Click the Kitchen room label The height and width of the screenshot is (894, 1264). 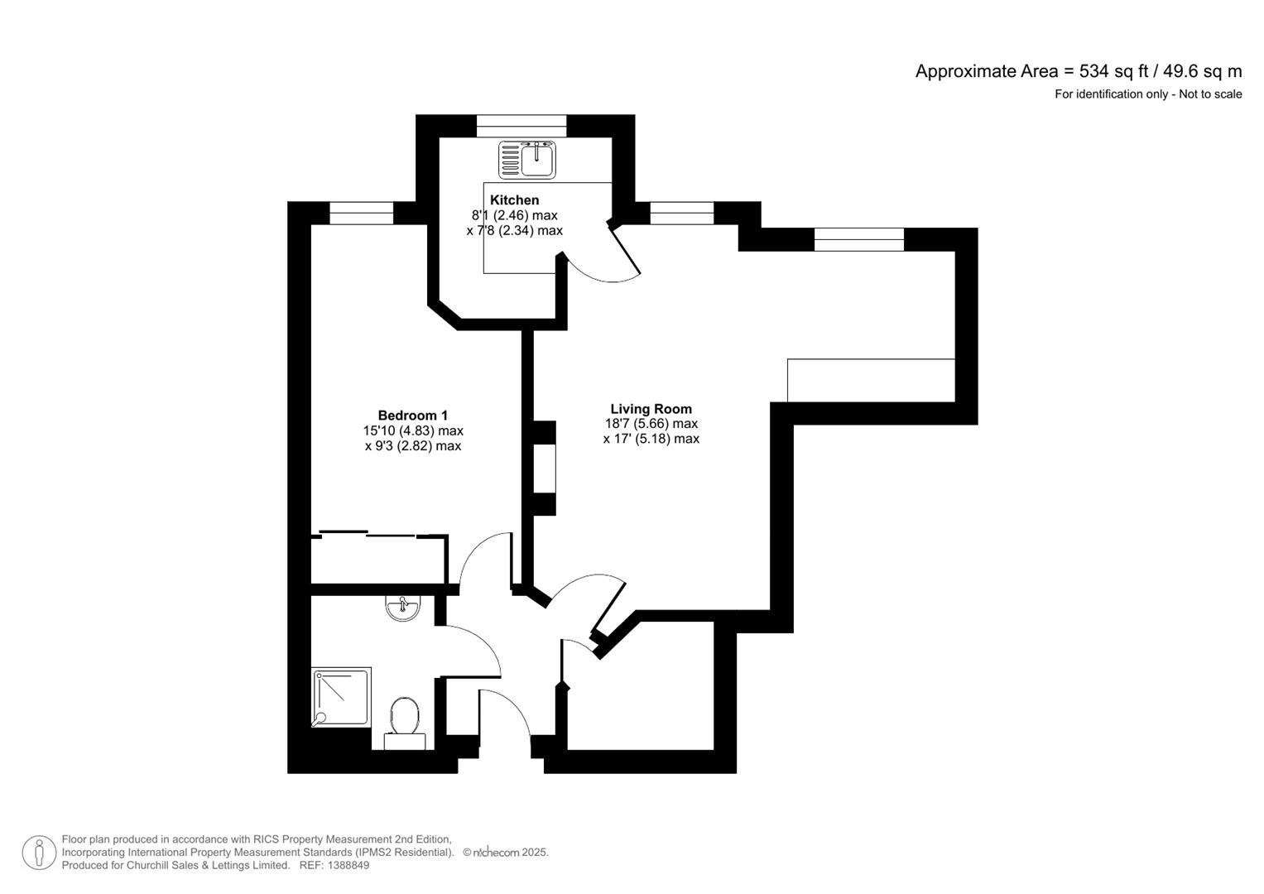pos(514,200)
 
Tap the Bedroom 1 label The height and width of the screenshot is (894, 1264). pos(412,416)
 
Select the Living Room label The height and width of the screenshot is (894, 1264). pos(651,409)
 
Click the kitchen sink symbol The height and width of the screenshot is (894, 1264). pos(527,159)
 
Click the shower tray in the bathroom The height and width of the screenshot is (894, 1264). pos(341,697)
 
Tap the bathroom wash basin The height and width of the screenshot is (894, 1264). pos(403,608)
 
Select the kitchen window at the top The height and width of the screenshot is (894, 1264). pos(521,126)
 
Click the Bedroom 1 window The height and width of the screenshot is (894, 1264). pos(361,214)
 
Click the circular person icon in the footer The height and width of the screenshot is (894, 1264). pos(39,853)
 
